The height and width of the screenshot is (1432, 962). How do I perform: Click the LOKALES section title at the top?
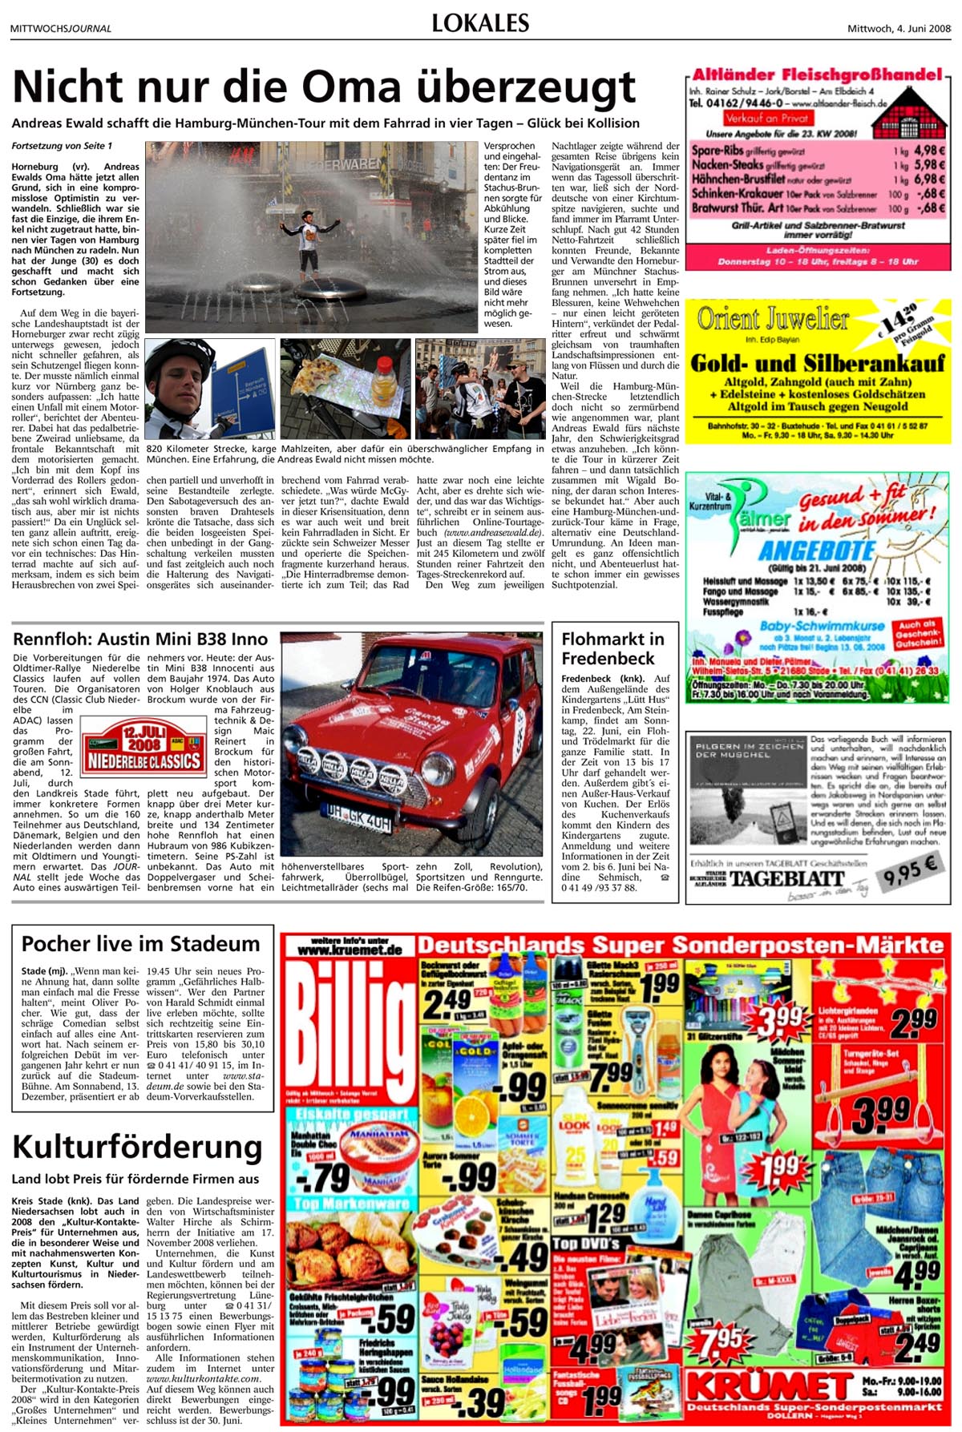pyautogui.click(x=480, y=22)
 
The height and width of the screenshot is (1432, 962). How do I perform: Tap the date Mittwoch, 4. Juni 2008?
pyautogui.click(x=899, y=29)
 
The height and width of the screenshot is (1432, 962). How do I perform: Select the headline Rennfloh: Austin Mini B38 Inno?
pyautogui.click(x=140, y=639)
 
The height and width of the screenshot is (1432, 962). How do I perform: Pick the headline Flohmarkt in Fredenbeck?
pyautogui.click(x=612, y=648)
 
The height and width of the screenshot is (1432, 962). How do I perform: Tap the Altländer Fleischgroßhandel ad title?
pyautogui.click(x=817, y=75)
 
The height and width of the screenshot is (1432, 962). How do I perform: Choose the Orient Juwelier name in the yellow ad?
pyautogui.click(x=773, y=319)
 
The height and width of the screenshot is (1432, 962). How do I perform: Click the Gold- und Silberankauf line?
pyautogui.click(x=817, y=362)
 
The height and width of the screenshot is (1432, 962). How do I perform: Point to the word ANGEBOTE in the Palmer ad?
pyautogui.click(x=816, y=551)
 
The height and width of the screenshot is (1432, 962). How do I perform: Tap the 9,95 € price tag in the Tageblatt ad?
pyautogui.click(x=910, y=870)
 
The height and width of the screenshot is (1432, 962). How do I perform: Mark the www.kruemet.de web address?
pyautogui.click(x=350, y=950)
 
